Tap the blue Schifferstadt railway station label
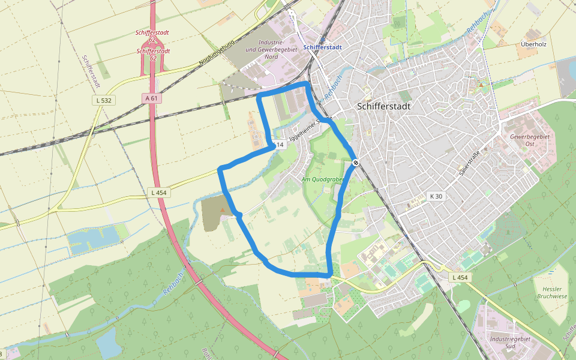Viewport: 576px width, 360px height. click(323, 47)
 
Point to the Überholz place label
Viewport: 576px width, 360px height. click(534, 44)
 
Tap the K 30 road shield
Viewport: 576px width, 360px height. click(436, 196)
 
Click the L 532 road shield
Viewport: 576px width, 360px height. click(104, 100)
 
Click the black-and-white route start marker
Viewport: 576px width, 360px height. click(356, 162)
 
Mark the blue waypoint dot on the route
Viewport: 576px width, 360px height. click(239, 215)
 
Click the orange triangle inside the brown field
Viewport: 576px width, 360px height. click(223, 209)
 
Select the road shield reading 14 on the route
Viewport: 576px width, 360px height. click(278, 145)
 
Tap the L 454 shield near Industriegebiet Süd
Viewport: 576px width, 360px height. click(460, 277)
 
